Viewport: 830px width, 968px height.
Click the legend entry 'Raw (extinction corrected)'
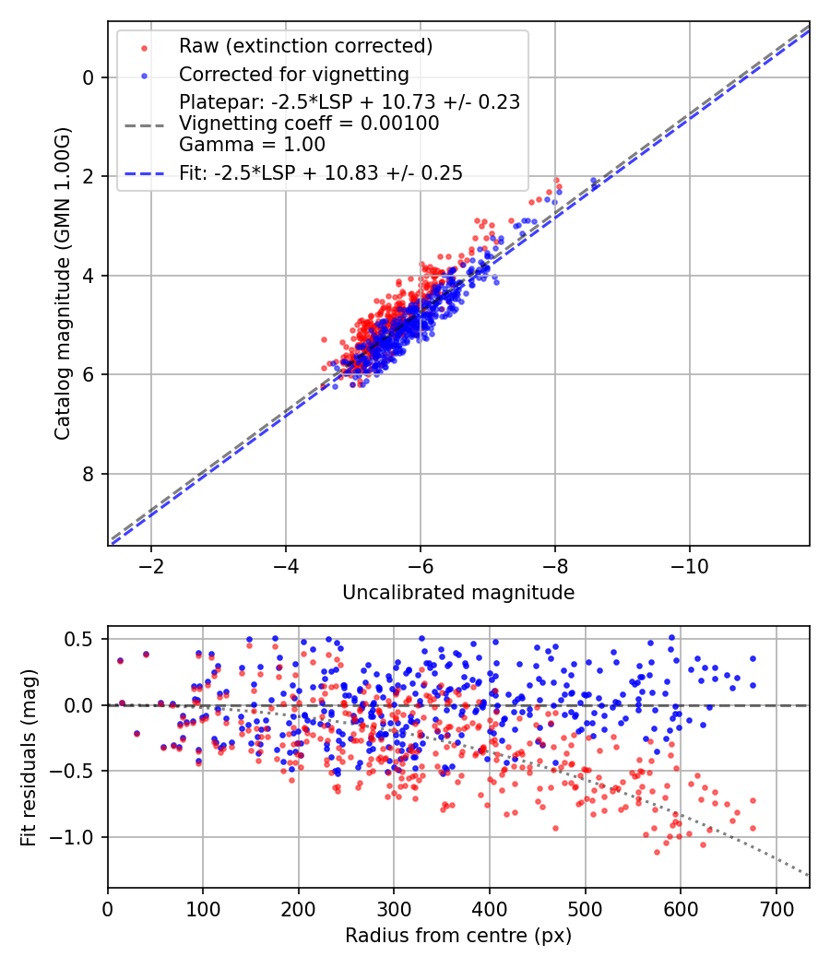point(305,46)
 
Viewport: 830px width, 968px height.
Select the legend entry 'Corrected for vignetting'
point(293,74)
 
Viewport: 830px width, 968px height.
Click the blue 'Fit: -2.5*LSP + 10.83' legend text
point(321,172)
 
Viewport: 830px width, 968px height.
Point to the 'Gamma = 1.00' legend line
point(252,144)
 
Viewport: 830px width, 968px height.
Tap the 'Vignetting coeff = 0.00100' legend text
point(309,124)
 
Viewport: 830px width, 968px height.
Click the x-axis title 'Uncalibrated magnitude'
point(458,593)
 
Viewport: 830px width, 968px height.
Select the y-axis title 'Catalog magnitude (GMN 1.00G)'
point(62,283)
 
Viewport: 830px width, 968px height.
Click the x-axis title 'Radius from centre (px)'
point(458,936)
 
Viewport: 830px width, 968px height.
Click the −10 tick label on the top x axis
point(689,565)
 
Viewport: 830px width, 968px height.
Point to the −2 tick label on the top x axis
point(150,565)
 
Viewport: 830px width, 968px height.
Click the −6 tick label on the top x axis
point(420,565)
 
